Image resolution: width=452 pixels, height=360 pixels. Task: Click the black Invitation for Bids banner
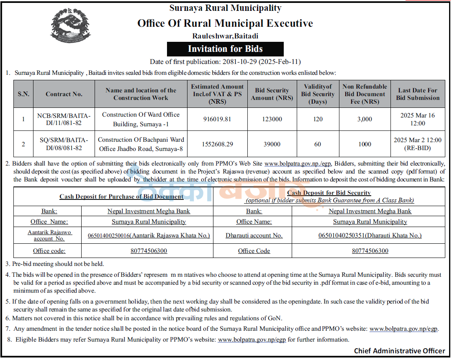[225, 49]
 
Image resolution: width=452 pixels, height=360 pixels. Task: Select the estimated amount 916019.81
[217, 119]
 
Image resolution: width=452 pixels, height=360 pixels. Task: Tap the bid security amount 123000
[272, 119]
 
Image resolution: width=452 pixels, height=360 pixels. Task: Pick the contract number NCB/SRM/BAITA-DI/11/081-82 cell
[64, 119]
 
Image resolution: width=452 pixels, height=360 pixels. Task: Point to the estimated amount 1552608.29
[217, 144]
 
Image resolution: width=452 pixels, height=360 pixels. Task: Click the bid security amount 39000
[272, 144]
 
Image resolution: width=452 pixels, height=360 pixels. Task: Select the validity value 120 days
[318, 119]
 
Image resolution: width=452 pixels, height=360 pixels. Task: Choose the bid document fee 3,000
[365, 119]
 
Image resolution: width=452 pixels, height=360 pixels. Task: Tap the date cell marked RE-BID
[417, 144]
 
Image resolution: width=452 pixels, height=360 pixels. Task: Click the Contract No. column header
[64, 94]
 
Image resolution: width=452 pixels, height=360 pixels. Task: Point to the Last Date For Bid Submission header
[417, 94]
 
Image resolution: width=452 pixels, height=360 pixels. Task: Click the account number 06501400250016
[149, 235]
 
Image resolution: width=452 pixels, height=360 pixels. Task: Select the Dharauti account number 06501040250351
[370, 235]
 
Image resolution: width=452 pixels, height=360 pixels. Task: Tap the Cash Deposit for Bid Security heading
[329, 193]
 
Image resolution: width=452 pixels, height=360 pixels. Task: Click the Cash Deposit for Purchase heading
[121, 197]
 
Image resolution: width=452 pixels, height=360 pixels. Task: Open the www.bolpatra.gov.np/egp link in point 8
[252, 340]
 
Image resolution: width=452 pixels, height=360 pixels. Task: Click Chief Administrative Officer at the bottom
[399, 351]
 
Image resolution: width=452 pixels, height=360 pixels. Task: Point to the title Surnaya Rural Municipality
[225, 8]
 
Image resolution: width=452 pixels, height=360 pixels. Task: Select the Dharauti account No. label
[254, 235]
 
